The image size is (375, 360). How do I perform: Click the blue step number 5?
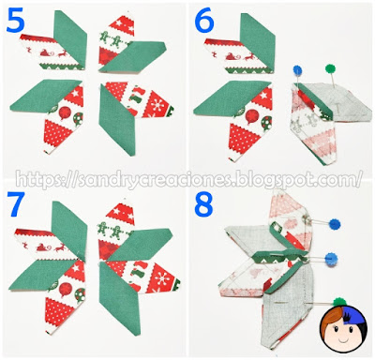(x=15, y=21)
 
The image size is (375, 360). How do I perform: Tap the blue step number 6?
(x=204, y=22)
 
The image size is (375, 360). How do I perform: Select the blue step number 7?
(x=16, y=203)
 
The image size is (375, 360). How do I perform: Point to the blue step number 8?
(x=203, y=204)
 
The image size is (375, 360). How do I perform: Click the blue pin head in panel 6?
(x=297, y=70)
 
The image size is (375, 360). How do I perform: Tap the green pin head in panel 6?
(x=330, y=68)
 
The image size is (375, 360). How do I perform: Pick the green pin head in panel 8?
(x=338, y=301)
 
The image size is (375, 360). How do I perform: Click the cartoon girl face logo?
(x=342, y=329)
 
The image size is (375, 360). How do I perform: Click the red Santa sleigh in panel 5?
(x=47, y=53)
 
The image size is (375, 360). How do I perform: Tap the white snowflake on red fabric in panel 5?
(x=157, y=105)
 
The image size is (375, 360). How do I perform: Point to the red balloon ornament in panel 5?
(x=64, y=113)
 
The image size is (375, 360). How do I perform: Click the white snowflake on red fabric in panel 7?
(x=162, y=279)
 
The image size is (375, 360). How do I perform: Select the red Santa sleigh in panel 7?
(x=43, y=247)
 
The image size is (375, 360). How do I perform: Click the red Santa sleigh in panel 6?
(x=232, y=56)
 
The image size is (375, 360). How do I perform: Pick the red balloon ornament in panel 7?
(x=66, y=289)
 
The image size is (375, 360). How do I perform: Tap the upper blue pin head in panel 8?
(x=335, y=224)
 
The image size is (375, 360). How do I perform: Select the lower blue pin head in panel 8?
(x=332, y=259)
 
